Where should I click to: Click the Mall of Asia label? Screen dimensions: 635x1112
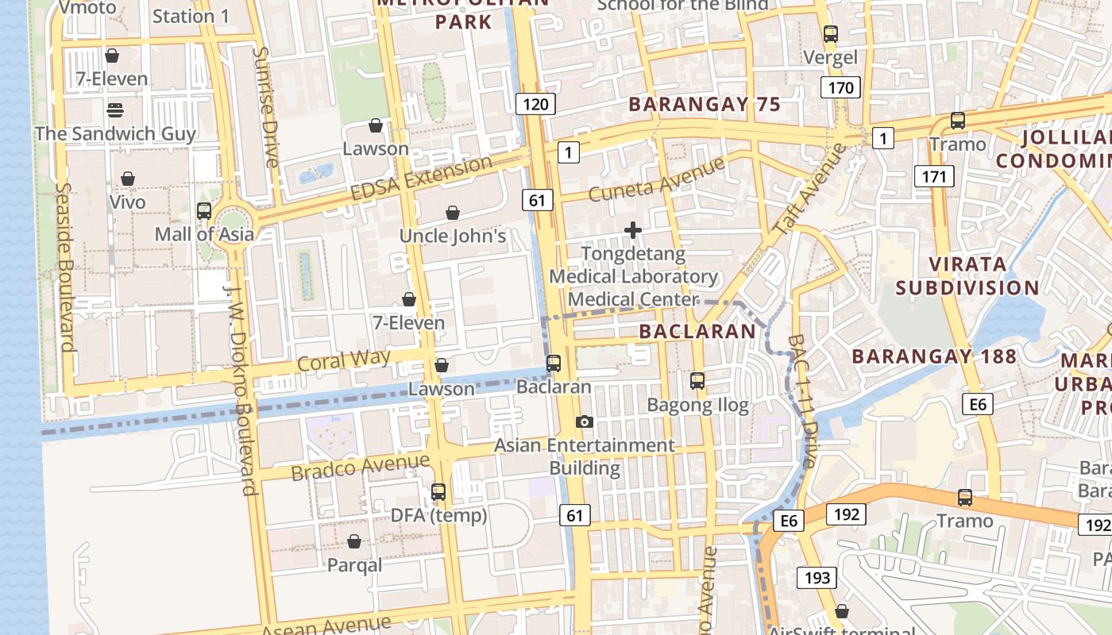coord(204,234)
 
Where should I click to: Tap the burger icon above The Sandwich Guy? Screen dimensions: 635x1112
coord(115,110)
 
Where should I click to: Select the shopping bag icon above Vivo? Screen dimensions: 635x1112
coord(127,179)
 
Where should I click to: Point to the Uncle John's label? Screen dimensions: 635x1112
coord(452,236)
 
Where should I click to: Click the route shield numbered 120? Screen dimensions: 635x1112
coord(536,104)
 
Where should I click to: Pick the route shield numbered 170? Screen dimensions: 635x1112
coord(840,87)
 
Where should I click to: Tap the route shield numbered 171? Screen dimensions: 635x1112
coord(933,176)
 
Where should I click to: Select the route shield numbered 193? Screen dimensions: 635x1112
coord(817,578)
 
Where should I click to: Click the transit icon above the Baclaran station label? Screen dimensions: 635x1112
coord(554,364)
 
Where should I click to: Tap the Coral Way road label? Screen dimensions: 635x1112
coord(344,360)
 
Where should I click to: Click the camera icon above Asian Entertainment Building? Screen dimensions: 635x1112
coord(585,421)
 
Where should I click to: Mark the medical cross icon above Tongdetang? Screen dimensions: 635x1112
coord(633,231)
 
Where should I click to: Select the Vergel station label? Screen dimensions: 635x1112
coord(831,57)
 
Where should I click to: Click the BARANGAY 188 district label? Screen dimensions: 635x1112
coord(933,356)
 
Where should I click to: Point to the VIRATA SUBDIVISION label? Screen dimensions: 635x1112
coord(967,275)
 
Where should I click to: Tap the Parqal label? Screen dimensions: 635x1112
coord(355,565)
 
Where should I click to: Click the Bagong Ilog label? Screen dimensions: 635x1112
coord(697,406)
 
